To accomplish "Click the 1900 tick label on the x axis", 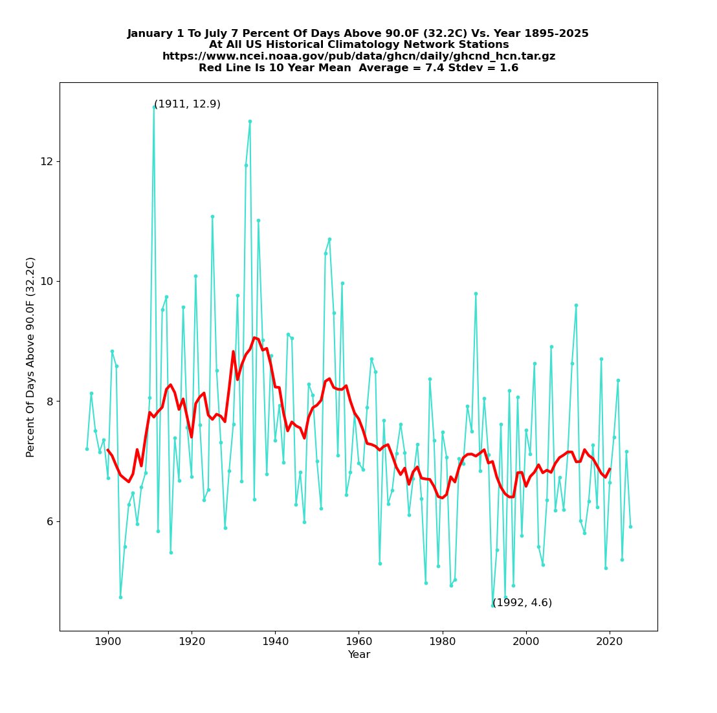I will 107,641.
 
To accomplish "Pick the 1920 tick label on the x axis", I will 192,641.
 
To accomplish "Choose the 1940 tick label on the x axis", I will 275,641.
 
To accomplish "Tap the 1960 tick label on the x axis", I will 358,641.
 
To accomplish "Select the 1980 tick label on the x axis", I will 443,641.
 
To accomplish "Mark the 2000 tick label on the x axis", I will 526,641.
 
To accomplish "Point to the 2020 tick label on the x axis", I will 610,641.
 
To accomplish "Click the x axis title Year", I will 358,655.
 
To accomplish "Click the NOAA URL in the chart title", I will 358,56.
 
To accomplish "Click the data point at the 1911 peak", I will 154,107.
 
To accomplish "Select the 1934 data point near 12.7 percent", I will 250,121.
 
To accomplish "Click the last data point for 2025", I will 630,526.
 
